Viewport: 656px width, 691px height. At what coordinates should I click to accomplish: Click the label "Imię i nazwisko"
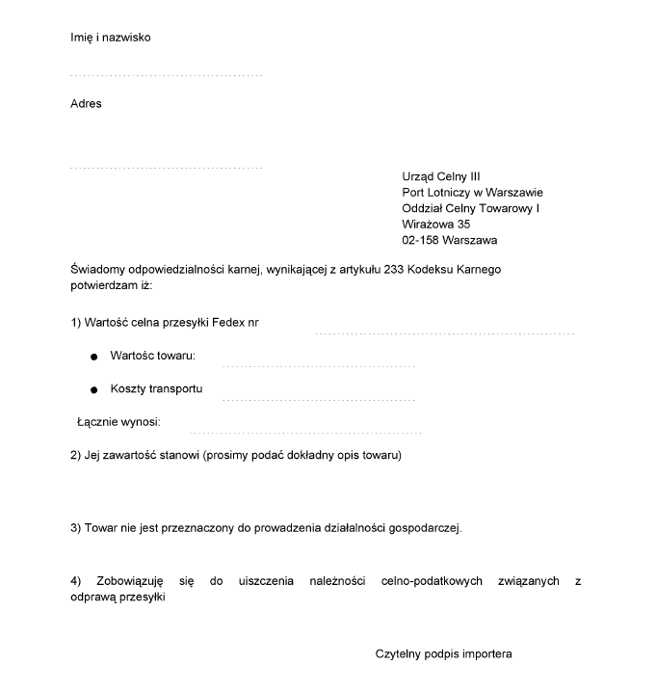111,38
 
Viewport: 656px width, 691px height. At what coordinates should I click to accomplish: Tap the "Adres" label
86,104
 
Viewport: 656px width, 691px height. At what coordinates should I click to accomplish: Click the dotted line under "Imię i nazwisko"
166,75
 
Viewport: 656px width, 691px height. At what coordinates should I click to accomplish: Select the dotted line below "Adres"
166,169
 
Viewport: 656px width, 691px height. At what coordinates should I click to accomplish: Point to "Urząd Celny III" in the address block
440,175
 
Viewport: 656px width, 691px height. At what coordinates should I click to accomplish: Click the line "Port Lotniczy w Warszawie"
472,192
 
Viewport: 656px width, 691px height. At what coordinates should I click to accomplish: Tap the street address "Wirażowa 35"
436,224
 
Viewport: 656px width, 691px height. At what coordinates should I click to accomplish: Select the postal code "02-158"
420,240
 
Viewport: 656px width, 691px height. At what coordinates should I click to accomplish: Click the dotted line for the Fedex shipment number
445,333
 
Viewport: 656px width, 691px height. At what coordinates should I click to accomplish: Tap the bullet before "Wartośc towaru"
93,358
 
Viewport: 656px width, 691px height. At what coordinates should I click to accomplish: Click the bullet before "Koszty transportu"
93,390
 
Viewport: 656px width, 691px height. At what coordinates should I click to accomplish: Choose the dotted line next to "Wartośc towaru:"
318,367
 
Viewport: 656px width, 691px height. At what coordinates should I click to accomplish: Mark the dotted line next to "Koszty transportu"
318,399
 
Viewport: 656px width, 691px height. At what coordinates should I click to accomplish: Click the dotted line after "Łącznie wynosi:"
305,433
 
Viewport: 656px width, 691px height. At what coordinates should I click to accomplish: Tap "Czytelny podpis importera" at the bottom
444,654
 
